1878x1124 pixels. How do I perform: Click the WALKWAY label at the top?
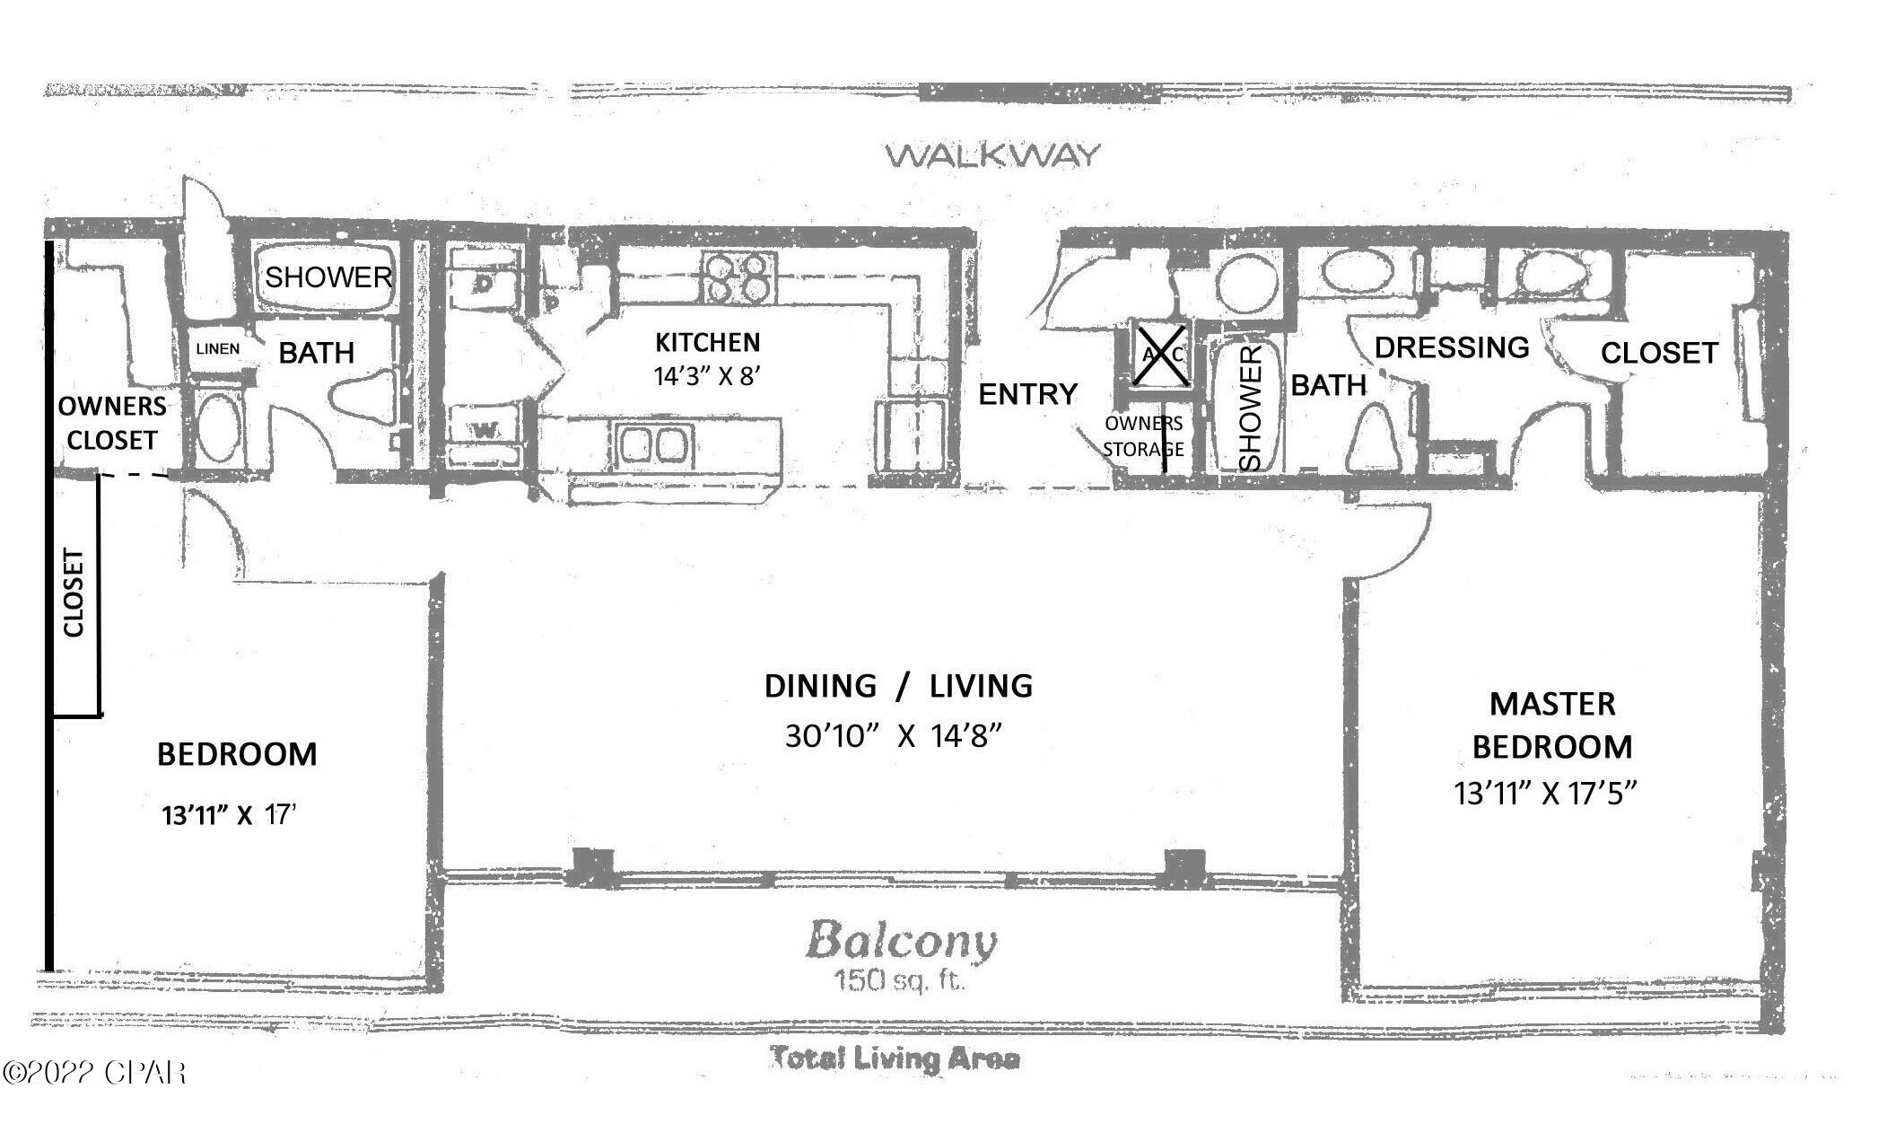coord(991,155)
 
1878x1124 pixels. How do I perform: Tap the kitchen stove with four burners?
coord(738,277)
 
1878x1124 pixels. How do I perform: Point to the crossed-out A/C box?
coord(1161,356)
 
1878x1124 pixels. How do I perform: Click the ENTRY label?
coord(1027,394)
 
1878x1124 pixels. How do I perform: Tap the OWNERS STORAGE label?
coord(1143,435)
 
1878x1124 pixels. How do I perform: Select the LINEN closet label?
coord(218,348)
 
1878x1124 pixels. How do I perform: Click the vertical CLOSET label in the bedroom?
coord(74,593)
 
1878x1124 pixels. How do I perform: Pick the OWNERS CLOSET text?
coord(112,423)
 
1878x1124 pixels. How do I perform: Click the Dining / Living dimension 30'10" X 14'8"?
coord(894,736)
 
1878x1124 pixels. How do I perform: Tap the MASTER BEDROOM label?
coord(1552,724)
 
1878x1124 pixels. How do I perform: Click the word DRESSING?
coord(1452,347)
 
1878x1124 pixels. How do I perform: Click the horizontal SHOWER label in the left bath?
coord(328,277)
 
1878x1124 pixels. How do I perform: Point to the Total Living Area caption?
coord(895,1058)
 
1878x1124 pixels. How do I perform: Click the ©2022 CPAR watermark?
coord(94,1072)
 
